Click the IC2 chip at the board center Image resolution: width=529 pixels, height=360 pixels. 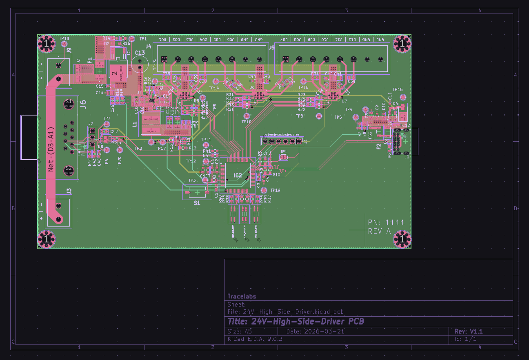pyautogui.click(x=238, y=175)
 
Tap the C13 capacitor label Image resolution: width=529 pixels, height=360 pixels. pyautogui.click(x=140, y=53)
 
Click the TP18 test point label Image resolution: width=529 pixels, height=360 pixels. pyautogui.click(x=64, y=39)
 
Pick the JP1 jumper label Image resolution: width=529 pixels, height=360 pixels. pyautogui.click(x=284, y=151)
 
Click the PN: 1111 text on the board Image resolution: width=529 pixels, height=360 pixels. pyautogui.click(x=386, y=222)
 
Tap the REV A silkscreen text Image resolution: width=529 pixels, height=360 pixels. pyautogui.click(x=379, y=231)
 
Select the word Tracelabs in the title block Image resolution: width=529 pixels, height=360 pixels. pyautogui.click(x=242, y=296)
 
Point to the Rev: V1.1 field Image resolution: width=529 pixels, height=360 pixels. pyautogui.click(x=469, y=331)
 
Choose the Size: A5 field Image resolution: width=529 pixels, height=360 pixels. pyautogui.click(x=240, y=331)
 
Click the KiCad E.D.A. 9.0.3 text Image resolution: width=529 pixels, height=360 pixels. pyautogui.click(x=255, y=339)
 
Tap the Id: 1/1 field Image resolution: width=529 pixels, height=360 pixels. pyautogui.click(x=465, y=339)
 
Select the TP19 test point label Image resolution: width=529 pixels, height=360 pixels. pyautogui.click(x=276, y=191)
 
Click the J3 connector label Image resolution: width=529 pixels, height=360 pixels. pyautogui.click(x=69, y=191)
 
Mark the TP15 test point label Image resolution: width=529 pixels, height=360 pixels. pyautogui.click(x=398, y=89)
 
